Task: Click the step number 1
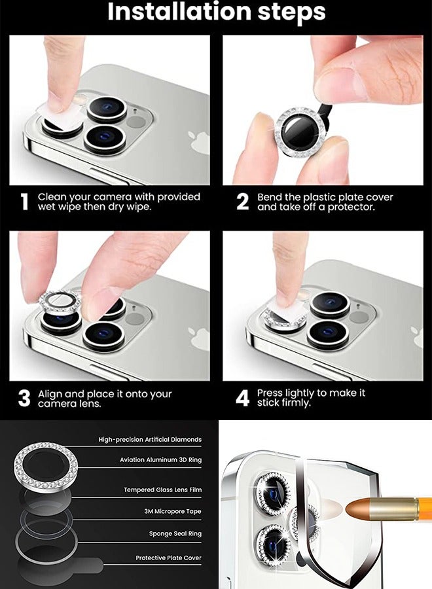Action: [x=24, y=202]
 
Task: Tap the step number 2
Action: [x=242, y=202]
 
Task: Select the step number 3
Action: [x=24, y=399]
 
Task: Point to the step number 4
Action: [x=242, y=398]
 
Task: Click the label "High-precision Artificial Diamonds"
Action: [x=150, y=440]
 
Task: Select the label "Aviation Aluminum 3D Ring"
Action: [x=160, y=460]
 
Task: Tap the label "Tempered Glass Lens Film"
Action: [x=162, y=490]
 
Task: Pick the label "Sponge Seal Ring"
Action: [x=175, y=534]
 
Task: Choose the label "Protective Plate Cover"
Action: [x=168, y=558]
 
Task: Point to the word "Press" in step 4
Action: [x=270, y=393]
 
